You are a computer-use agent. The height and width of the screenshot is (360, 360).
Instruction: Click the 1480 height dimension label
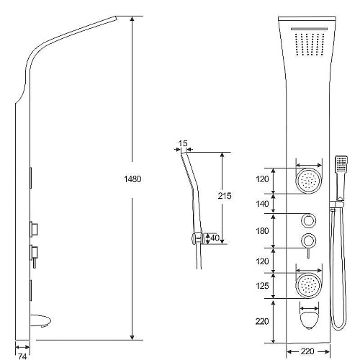tap(132, 179)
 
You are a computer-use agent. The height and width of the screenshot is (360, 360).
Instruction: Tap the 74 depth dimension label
tap(22, 356)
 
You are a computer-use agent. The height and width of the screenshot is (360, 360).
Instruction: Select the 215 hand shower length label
tap(225, 196)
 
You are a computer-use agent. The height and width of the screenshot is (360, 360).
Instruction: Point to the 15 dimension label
tap(183, 143)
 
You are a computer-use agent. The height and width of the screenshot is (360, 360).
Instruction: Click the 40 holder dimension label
tap(215, 238)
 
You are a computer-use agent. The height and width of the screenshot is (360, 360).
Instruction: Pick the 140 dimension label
tap(262, 204)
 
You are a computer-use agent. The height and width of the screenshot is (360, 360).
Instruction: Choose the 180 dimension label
tap(262, 231)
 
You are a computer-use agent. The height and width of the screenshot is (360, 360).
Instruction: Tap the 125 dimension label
tap(262, 286)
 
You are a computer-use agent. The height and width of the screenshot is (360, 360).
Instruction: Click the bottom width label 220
tap(307, 351)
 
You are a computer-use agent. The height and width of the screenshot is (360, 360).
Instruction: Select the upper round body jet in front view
tap(309, 180)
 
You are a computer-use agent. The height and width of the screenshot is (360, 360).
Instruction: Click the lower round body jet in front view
tap(309, 286)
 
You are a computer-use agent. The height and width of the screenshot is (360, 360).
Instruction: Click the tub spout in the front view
tap(310, 320)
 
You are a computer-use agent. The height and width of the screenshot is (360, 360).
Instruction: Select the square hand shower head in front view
tap(341, 163)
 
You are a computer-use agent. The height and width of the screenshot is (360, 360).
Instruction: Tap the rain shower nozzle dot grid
tap(310, 45)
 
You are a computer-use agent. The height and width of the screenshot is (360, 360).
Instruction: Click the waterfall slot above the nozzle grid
tap(309, 29)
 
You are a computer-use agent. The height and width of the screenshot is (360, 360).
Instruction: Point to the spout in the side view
tap(41, 321)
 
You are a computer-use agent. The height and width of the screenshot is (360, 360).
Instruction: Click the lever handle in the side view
tap(35, 263)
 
